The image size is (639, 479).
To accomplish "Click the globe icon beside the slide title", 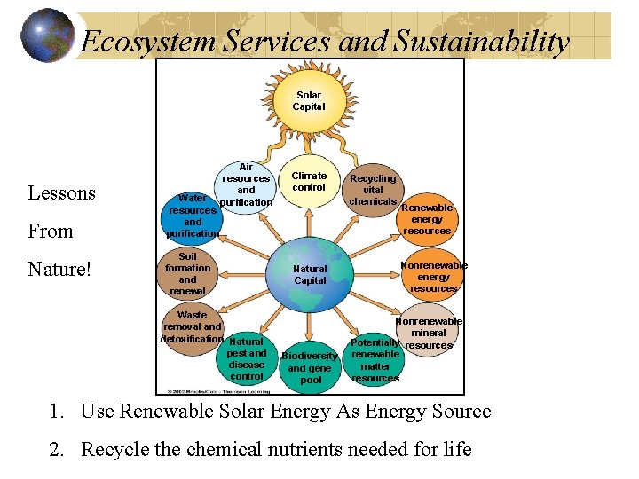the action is tap(48, 35).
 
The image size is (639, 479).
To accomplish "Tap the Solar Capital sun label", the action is tap(310, 101).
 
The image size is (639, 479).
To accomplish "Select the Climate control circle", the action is tap(309, 182).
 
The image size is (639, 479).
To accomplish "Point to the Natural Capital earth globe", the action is tap(310, 274).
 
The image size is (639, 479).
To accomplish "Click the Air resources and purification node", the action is tap(246, 185).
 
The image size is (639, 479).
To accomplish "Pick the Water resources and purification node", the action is tap(193, 216).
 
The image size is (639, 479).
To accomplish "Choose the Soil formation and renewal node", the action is tap(187, 273).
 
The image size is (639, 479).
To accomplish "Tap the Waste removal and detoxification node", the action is tap(191, 327).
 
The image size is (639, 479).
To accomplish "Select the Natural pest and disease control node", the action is tap(247, 358).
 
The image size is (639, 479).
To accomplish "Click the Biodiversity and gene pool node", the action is tap(310, 367).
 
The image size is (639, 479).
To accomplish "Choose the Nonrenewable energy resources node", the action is tap(433, 277).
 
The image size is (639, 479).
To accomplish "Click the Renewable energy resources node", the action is tap(427, 219).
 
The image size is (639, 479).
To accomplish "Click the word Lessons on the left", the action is tap(62, 193).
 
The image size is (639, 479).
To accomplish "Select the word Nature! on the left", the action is tap(60, 268).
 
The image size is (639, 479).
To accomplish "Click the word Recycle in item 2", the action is tap(114, 449).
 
